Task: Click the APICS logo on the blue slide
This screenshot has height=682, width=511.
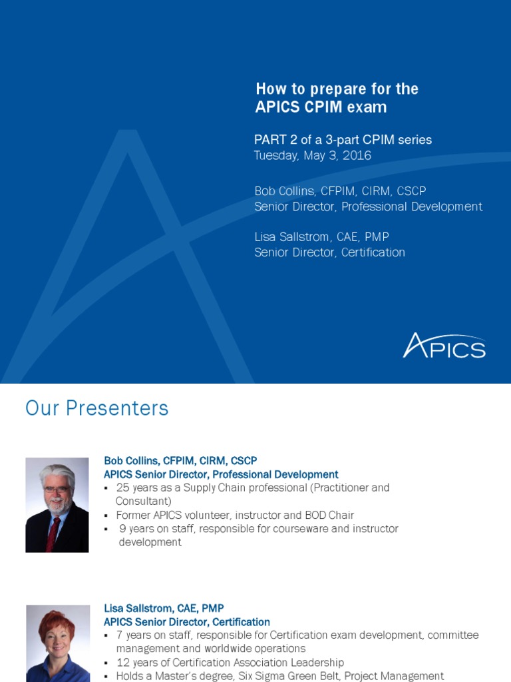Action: point(444,346)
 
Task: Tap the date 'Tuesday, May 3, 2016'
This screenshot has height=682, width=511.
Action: point(312,156)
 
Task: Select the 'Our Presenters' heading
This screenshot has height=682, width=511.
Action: point(96,408)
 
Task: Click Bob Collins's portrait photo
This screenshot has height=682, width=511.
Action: point(57,505)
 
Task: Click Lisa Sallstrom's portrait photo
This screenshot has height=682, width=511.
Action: point(58,643)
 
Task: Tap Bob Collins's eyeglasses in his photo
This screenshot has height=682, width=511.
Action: point(56,490)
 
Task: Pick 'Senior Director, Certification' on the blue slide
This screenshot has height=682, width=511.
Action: point(329,252)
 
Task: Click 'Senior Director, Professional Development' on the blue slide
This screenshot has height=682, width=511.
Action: point(368,206)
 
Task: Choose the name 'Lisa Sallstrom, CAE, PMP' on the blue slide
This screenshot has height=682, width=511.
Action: point(321,237)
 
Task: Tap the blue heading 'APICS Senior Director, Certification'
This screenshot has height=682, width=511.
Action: point(187,622)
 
